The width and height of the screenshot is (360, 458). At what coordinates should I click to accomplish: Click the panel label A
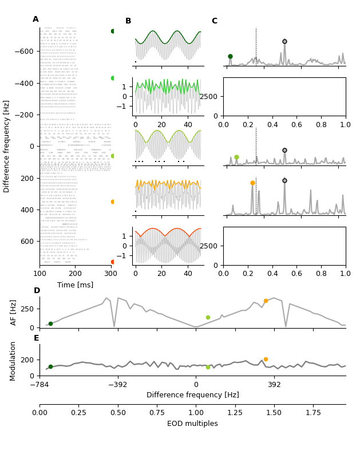35,19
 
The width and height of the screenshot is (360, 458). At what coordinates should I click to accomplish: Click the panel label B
128,21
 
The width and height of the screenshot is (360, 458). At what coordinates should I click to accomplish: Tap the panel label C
215,21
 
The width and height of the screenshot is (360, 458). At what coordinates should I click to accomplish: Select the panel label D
37,291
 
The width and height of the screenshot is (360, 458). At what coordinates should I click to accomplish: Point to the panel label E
36,338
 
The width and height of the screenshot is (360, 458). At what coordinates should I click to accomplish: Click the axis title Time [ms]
75,285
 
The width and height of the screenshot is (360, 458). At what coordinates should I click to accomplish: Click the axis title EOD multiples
192,424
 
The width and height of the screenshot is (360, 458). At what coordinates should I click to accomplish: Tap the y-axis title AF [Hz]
14,312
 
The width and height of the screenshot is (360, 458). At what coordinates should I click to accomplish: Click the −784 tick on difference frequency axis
39,384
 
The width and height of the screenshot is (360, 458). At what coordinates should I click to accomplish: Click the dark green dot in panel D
50,323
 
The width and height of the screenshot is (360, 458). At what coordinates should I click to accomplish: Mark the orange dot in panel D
266,301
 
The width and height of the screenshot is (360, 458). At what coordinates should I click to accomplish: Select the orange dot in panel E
266,359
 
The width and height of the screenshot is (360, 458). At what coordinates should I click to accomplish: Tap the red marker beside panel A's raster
113,262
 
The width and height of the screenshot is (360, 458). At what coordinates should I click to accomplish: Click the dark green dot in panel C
230,56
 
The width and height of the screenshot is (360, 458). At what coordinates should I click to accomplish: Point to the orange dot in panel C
252,183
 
